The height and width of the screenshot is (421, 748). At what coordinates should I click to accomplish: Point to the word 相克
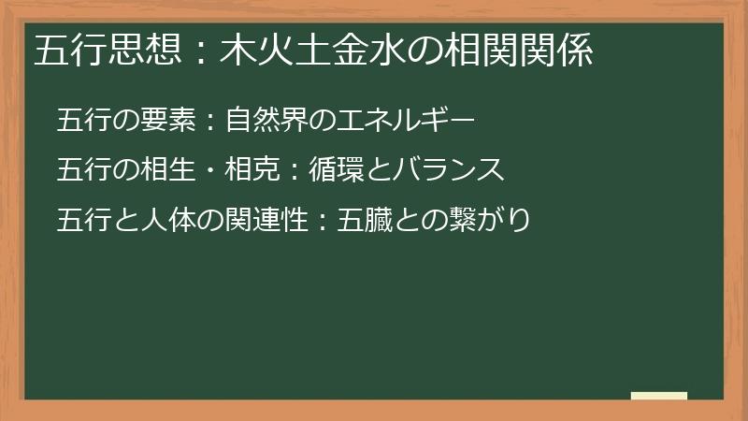point(244,170)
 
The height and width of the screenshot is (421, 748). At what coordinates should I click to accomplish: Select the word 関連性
point(255,220)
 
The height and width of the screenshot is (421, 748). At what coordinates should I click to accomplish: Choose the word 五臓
point(361,220)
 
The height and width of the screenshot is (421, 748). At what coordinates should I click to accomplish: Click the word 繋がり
point(486,220)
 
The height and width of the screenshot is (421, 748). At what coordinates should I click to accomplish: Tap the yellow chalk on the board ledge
point(659,396)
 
